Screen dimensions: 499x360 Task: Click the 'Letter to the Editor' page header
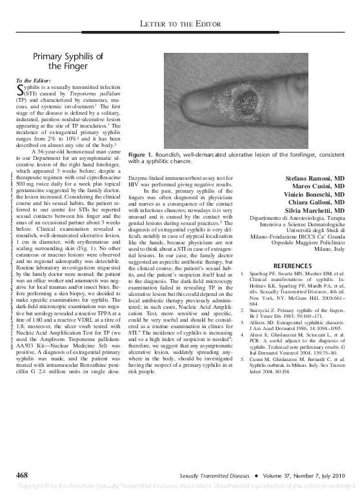(181, 24)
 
